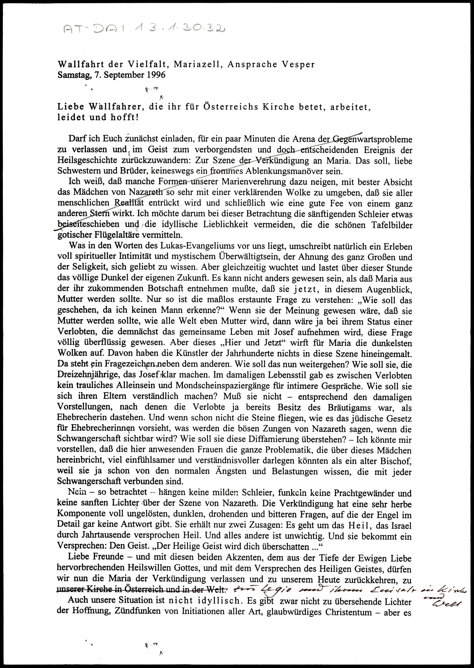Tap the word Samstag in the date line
coord(74,75)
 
